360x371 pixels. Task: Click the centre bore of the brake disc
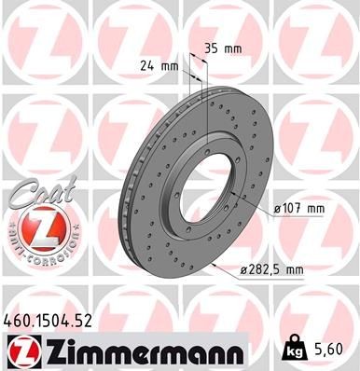[x=229, y=172]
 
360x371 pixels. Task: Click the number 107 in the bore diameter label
[x=289, y=207]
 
